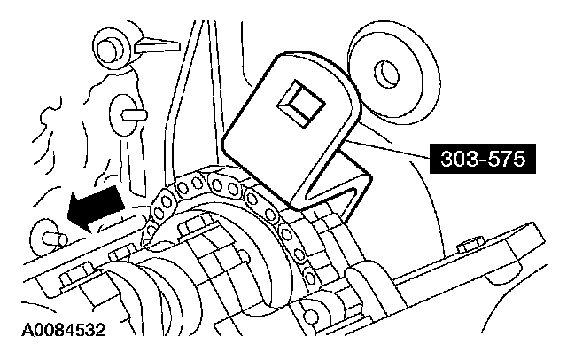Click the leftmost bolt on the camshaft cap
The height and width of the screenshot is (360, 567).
66,282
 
